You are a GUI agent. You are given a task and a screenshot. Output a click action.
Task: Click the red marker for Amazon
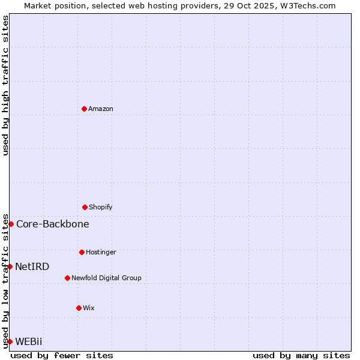[84, 109]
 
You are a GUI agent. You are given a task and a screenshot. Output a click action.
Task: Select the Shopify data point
[85, 207]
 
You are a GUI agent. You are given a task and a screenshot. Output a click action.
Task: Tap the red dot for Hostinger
[82, 252]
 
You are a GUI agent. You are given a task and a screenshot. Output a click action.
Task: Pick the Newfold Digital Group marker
[67, 278]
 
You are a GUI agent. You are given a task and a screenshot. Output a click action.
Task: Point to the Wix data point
[79, 308]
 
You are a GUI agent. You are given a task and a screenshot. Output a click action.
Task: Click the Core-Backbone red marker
[11, 224]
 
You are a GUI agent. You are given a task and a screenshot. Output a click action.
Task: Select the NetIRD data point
[10, 266]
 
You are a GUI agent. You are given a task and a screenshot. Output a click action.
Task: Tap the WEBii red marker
[10, 341]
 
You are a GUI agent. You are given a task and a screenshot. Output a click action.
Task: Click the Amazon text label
[101, 109]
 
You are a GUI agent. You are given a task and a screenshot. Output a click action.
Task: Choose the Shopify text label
[101, 207]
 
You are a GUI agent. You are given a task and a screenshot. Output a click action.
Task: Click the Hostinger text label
[101, 252]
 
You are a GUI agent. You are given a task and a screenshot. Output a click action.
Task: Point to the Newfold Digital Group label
[106, 278]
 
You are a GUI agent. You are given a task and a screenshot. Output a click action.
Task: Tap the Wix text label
[89, 308]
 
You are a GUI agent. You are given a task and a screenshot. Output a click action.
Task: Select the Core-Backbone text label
[53, 224]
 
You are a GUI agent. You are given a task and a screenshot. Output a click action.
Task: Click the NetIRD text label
[32, 266]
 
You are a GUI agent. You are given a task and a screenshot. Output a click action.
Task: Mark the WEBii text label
[29, 341]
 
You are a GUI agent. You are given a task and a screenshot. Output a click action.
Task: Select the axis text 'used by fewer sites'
[62, 355]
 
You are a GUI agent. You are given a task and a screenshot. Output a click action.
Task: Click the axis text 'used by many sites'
[301, 355]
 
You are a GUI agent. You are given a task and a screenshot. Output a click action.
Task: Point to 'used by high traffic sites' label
[5, 85]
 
